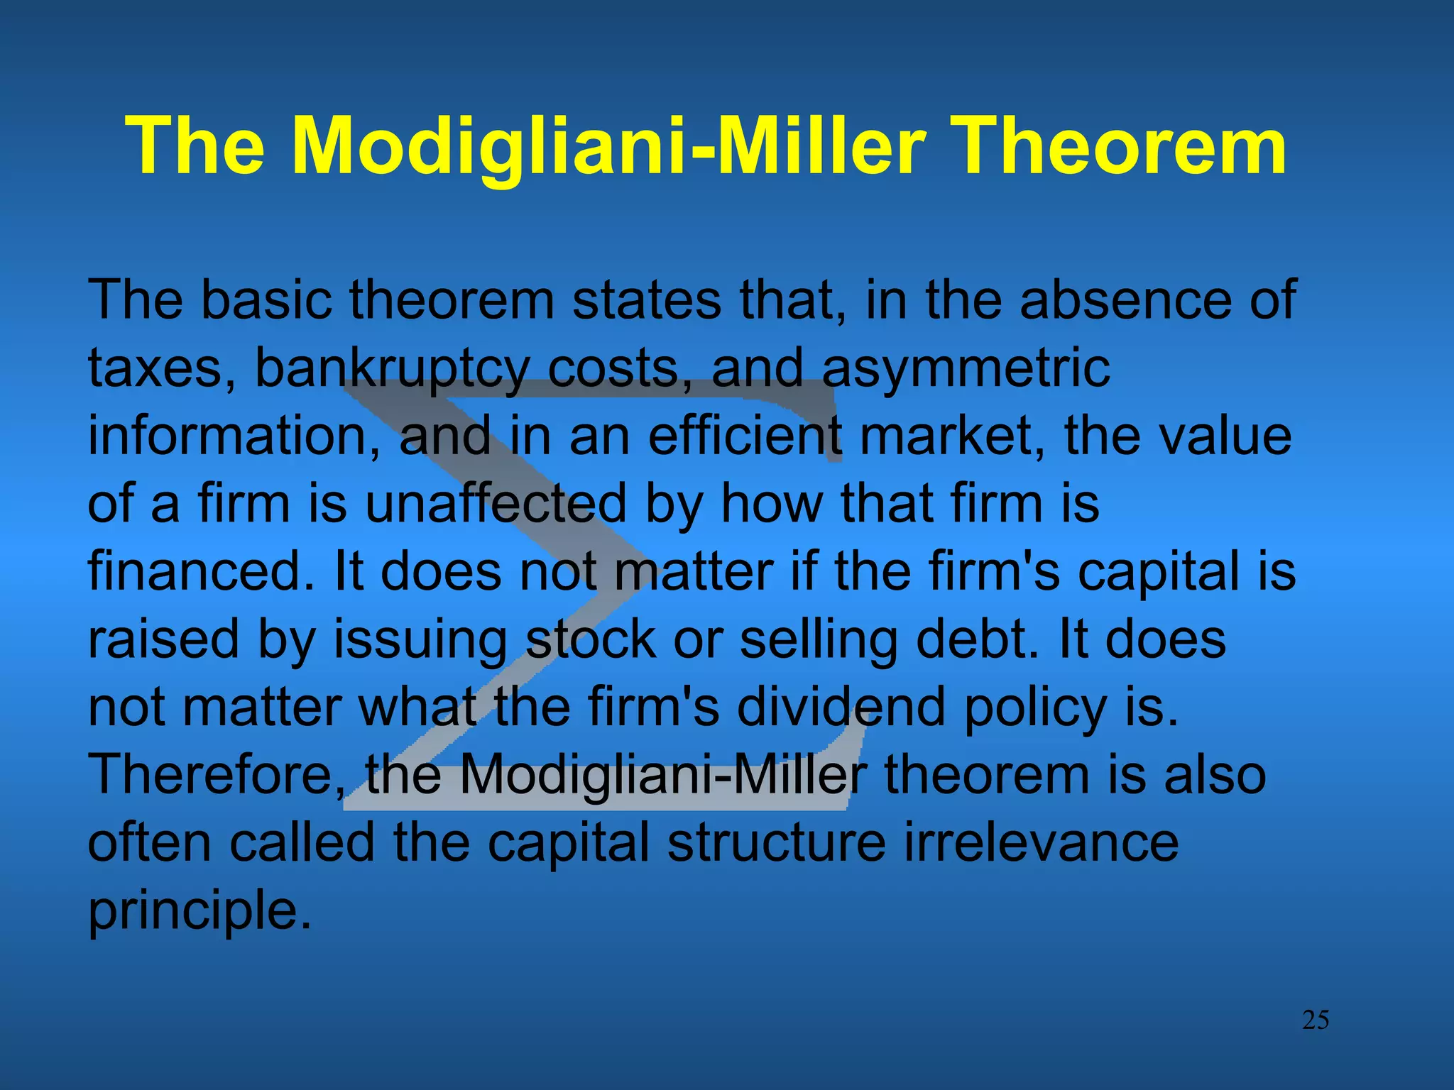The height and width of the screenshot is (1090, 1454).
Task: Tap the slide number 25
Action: (1315, 1020)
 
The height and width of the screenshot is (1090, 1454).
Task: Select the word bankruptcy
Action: (391, 369)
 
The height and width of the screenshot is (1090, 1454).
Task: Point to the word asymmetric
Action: (966, 369)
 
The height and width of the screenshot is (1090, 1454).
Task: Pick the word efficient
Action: (744, 436)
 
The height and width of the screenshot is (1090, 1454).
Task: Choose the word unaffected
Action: (496, 503)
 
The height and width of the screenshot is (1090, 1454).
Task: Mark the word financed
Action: (200, 571)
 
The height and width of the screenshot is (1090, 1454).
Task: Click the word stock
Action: (591, 639)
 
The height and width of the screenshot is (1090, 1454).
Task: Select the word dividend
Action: (841, 708)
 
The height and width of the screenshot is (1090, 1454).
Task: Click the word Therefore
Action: (216, 774)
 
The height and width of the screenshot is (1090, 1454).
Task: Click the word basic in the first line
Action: (266, 300)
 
